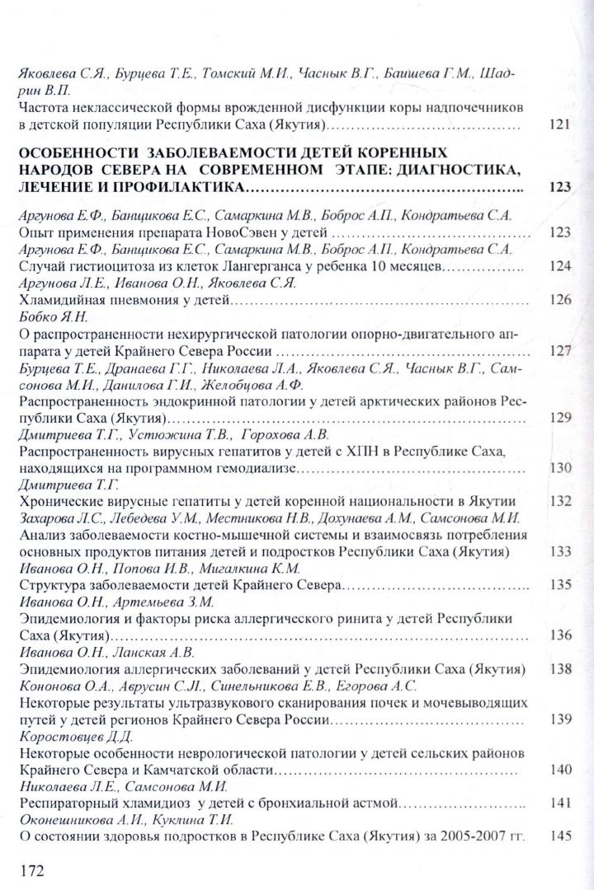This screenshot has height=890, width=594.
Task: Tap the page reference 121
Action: coord(559,126)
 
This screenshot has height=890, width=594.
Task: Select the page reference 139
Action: coord(559,719)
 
